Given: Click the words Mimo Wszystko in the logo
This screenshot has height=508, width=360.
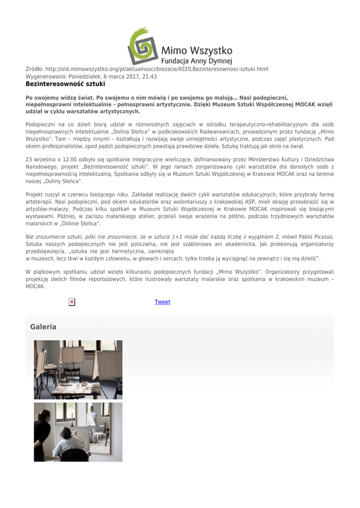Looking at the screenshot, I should pos(197,51).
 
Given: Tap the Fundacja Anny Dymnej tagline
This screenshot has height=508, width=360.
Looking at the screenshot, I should pos(197,62).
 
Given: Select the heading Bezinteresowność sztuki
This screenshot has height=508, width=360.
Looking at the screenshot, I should pos(65,84).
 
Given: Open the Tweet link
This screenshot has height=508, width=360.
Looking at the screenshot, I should pos(162,302).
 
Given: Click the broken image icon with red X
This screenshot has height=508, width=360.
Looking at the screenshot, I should pos(72,302).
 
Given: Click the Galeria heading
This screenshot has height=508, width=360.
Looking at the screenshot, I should pos(43,327).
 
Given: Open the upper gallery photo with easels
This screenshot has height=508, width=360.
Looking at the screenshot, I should pos(78,370).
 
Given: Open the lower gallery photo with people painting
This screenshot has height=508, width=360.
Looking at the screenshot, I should pos(78,432).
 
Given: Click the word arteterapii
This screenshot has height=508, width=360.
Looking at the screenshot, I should pos(40,202).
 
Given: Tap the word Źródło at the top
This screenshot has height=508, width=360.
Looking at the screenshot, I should pos(34,69).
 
